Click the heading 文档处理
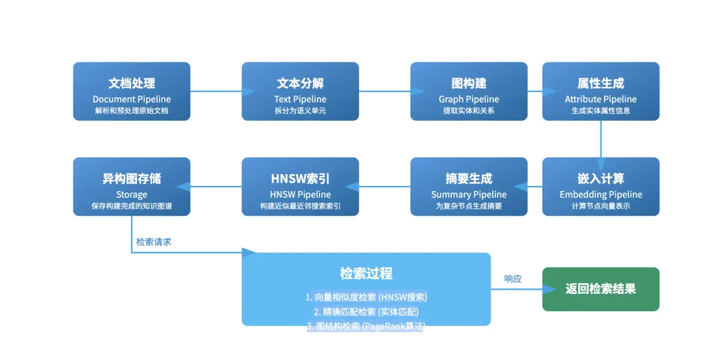click(132, 83)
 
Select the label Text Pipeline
click(300, 99)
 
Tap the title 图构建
click(469, 83)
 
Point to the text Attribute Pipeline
click(600, 99)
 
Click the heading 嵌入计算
click(600, 179)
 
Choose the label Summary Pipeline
click(469, 194)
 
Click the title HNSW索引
click(300, 179)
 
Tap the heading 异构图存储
click(132, 179)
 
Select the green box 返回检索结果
click(600, 289)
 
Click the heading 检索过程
click(366, 273)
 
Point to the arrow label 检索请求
click(154, 241)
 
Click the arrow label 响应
click(513, 278)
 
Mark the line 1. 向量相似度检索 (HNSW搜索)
click(366, 297)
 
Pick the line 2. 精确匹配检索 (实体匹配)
click(366, 312)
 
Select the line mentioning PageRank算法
click(366, 326)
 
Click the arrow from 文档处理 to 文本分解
click(216, 91)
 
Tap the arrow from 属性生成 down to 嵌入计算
click(600, 139)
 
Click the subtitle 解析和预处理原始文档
click(132, 111)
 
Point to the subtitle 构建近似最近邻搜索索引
click(300, 206)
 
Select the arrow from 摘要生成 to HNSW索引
click(385, 187)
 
